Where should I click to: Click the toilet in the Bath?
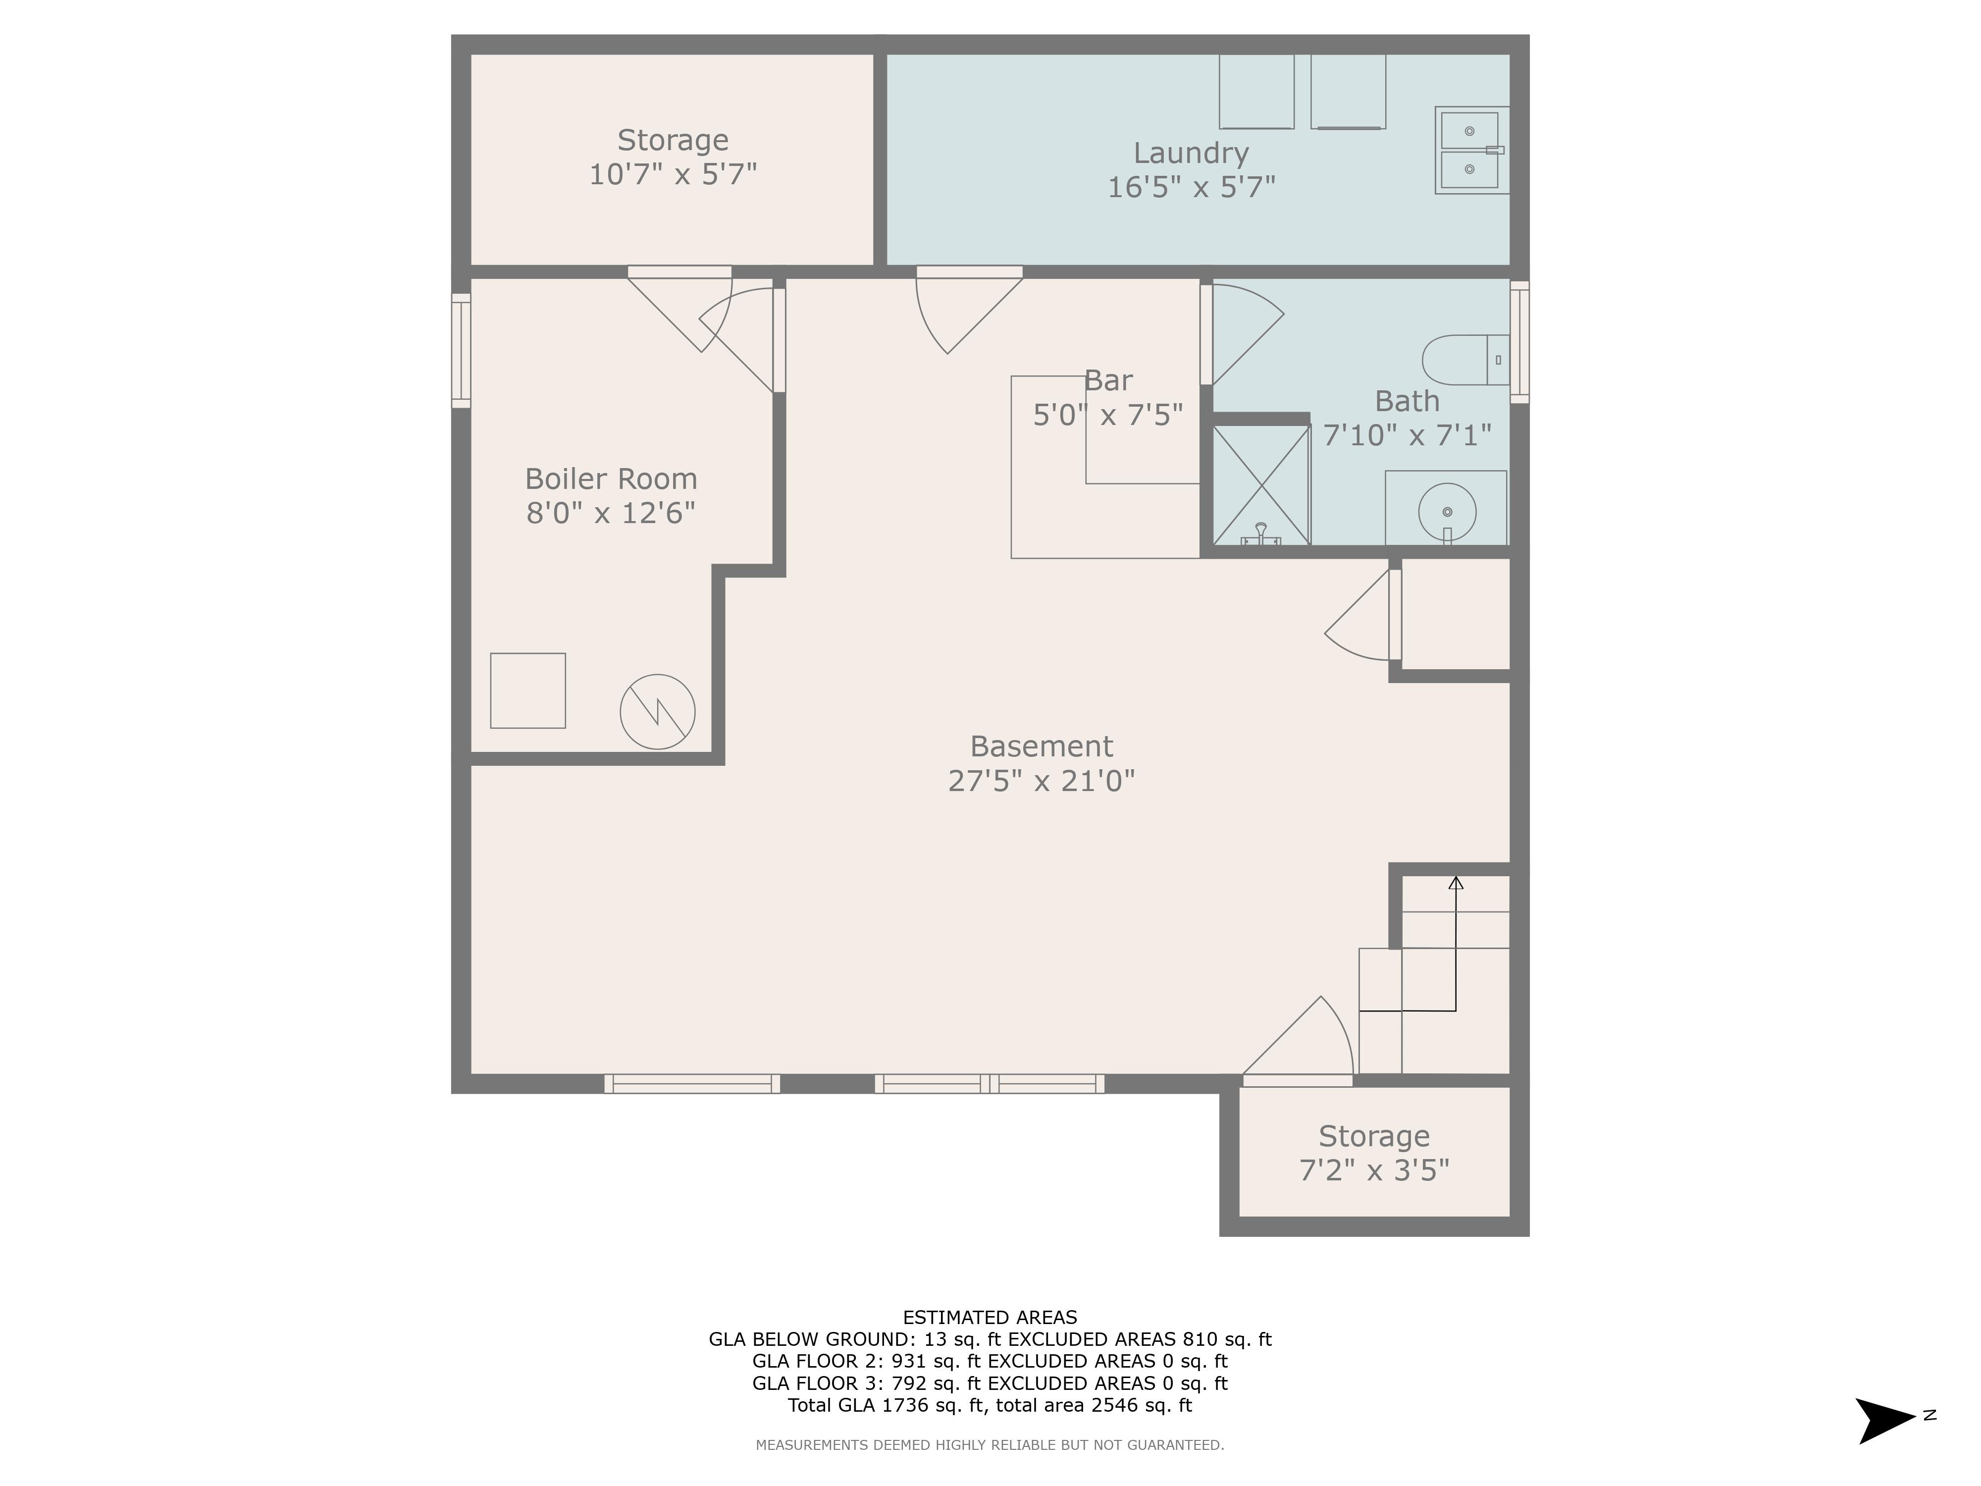coord(1465,360)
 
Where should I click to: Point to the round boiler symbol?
coord(657,711)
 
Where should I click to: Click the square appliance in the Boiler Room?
coord(527,690)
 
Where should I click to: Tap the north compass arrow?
coord(1885,1421)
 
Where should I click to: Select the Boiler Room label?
coord(611,479)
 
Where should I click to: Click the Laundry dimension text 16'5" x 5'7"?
coord(1191,187)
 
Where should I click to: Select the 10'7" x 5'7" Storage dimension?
coord(673,174)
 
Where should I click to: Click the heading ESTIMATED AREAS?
coord(990,1318)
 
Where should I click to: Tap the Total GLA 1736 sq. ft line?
coord(990,1405)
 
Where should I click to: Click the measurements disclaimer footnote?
coord(990,1445)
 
